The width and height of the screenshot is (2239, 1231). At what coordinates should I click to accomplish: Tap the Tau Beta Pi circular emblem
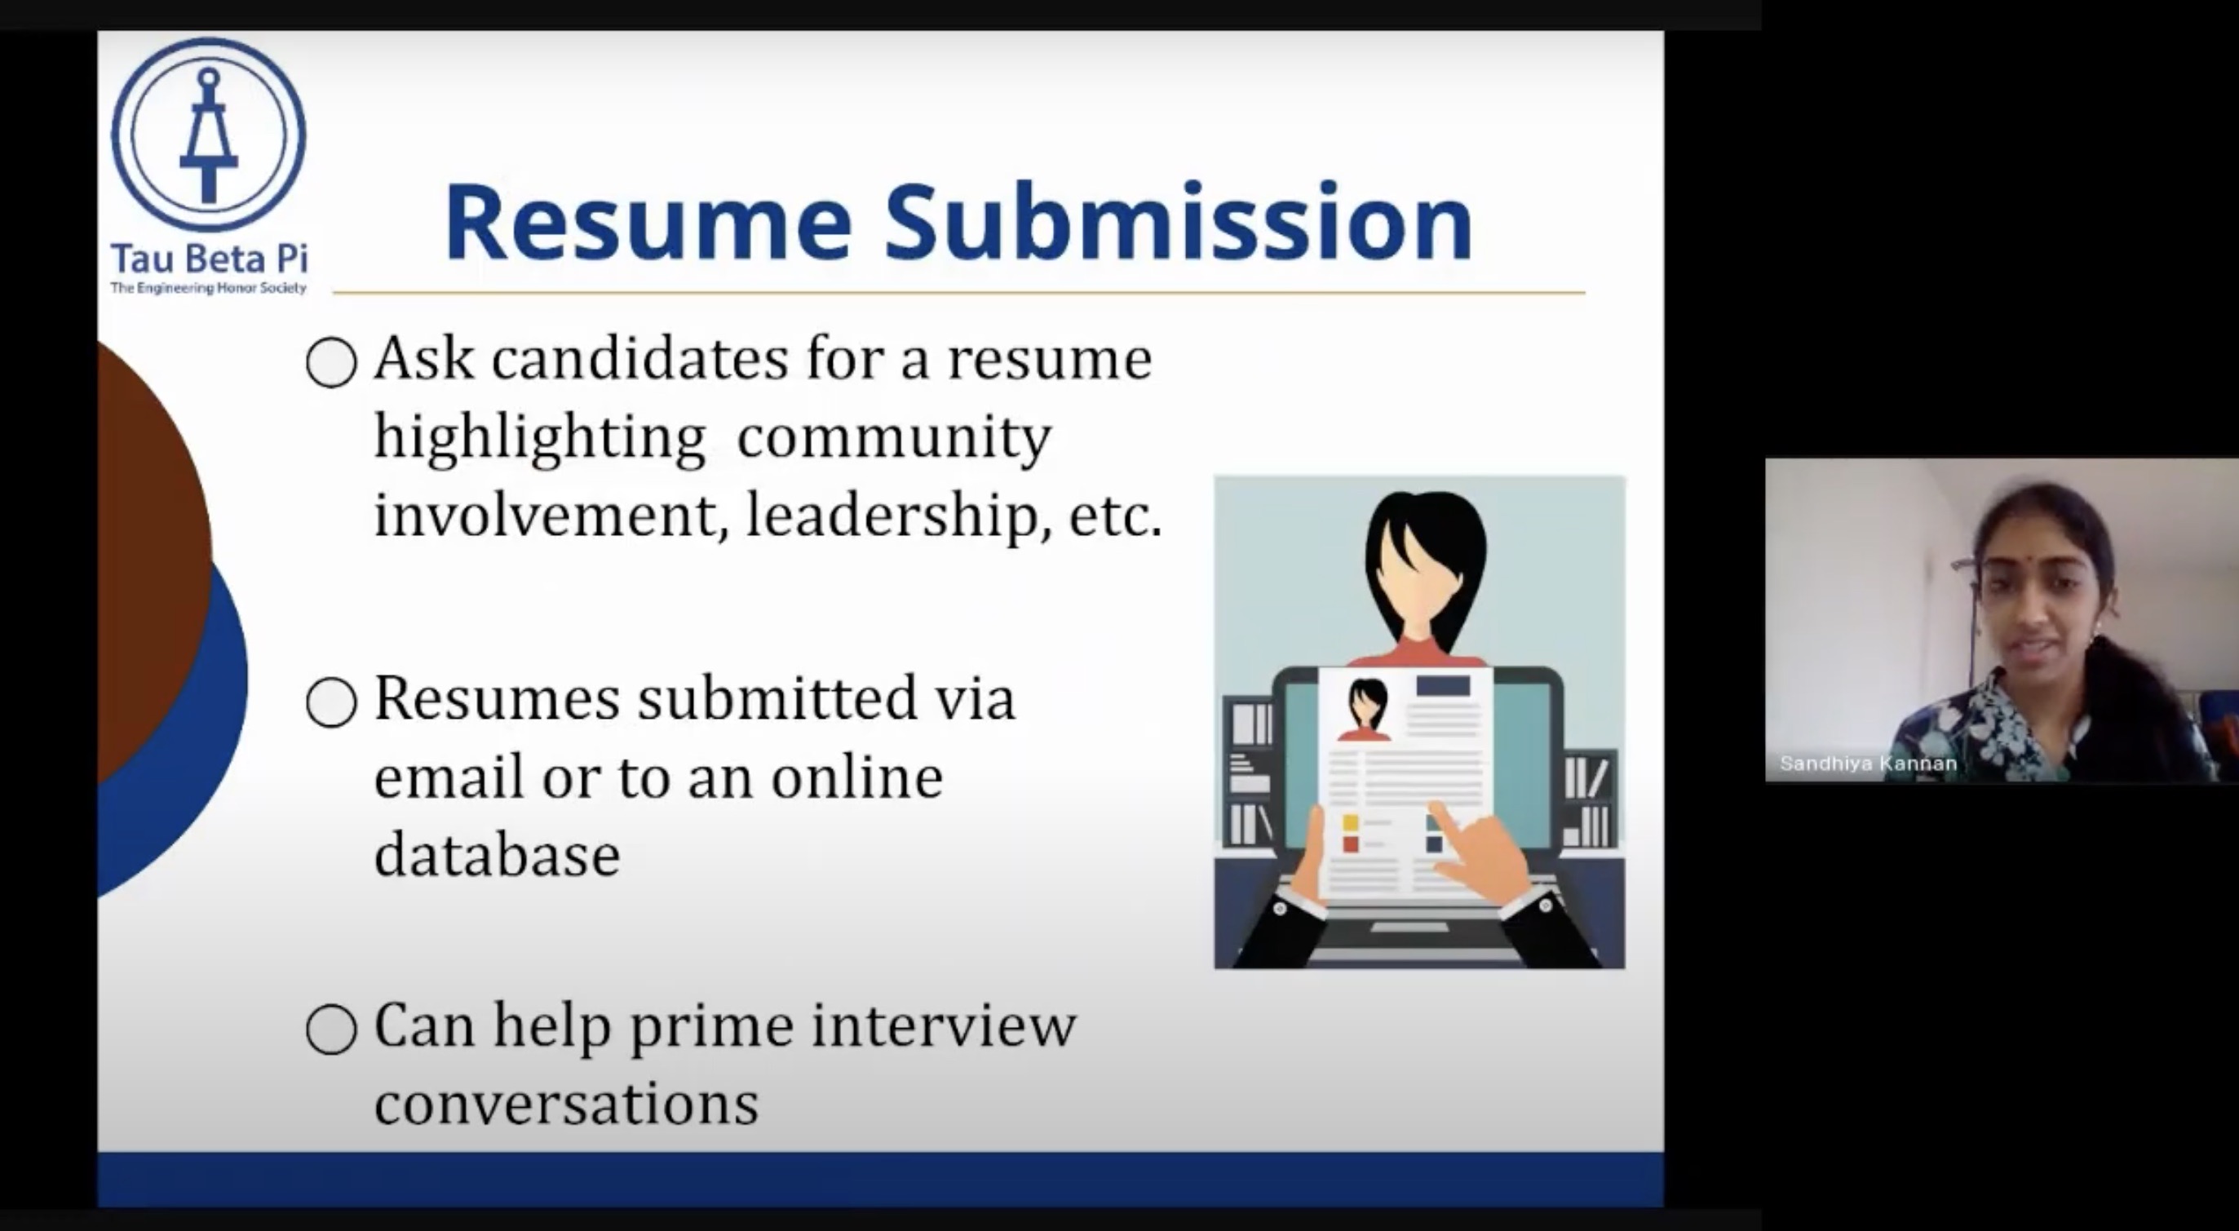pyautogui.click(x=209, y=134)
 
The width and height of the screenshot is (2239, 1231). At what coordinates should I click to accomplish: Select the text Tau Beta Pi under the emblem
pyautogui.click(x=210, y=259)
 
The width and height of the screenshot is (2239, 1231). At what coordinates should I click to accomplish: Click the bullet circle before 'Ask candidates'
pyautogui.click(x=331, y=361)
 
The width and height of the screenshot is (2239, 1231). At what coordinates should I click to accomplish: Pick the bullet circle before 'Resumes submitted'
pyautogui.click(x=331, y=702)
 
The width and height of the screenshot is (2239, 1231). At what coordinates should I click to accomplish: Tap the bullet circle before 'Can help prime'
pyautogui.click(x=331, y=1030)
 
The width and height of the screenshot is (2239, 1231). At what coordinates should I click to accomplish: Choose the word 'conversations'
pyautogui.click(x=567, y=1104)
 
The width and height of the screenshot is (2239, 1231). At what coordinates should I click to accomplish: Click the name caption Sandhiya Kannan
pyautogui.click(x=1868, y=764)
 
